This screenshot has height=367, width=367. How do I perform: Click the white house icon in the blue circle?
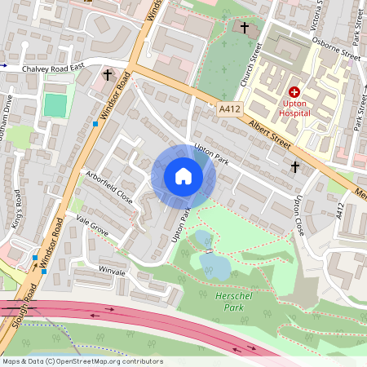[x=183, y=176]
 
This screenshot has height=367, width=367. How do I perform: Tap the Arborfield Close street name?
[x=108, y=186]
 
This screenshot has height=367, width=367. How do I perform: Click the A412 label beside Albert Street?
[x=230, y=108]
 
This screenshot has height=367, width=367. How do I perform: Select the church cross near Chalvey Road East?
[x=107, y=75]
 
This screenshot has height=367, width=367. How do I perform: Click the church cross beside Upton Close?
[x=295, y=166]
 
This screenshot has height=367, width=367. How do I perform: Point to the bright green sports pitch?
[x=55, y=105]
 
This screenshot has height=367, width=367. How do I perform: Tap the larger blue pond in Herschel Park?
[x=214, y=263]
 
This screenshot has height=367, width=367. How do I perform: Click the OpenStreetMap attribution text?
[x=82, y=361]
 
